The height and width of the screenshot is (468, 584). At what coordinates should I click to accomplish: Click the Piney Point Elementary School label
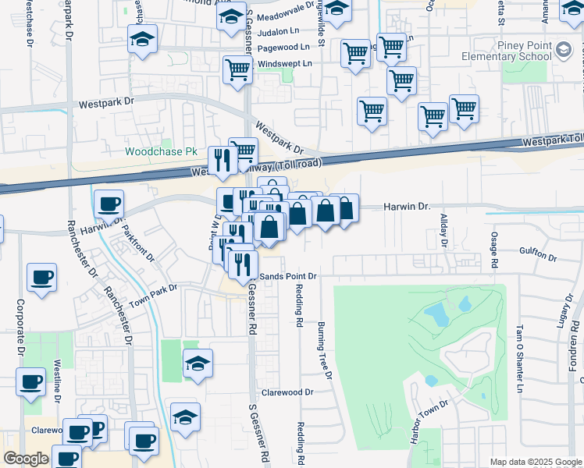coord(506,51)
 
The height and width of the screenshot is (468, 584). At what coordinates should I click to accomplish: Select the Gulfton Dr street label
coord(538,257)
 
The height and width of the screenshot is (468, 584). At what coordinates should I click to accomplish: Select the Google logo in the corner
coord(26,459)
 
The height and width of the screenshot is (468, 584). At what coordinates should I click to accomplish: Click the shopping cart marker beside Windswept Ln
coord(237,69)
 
